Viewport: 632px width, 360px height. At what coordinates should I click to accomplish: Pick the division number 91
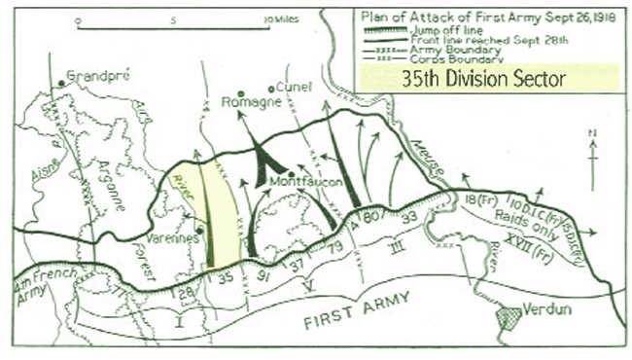pos(262,274)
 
